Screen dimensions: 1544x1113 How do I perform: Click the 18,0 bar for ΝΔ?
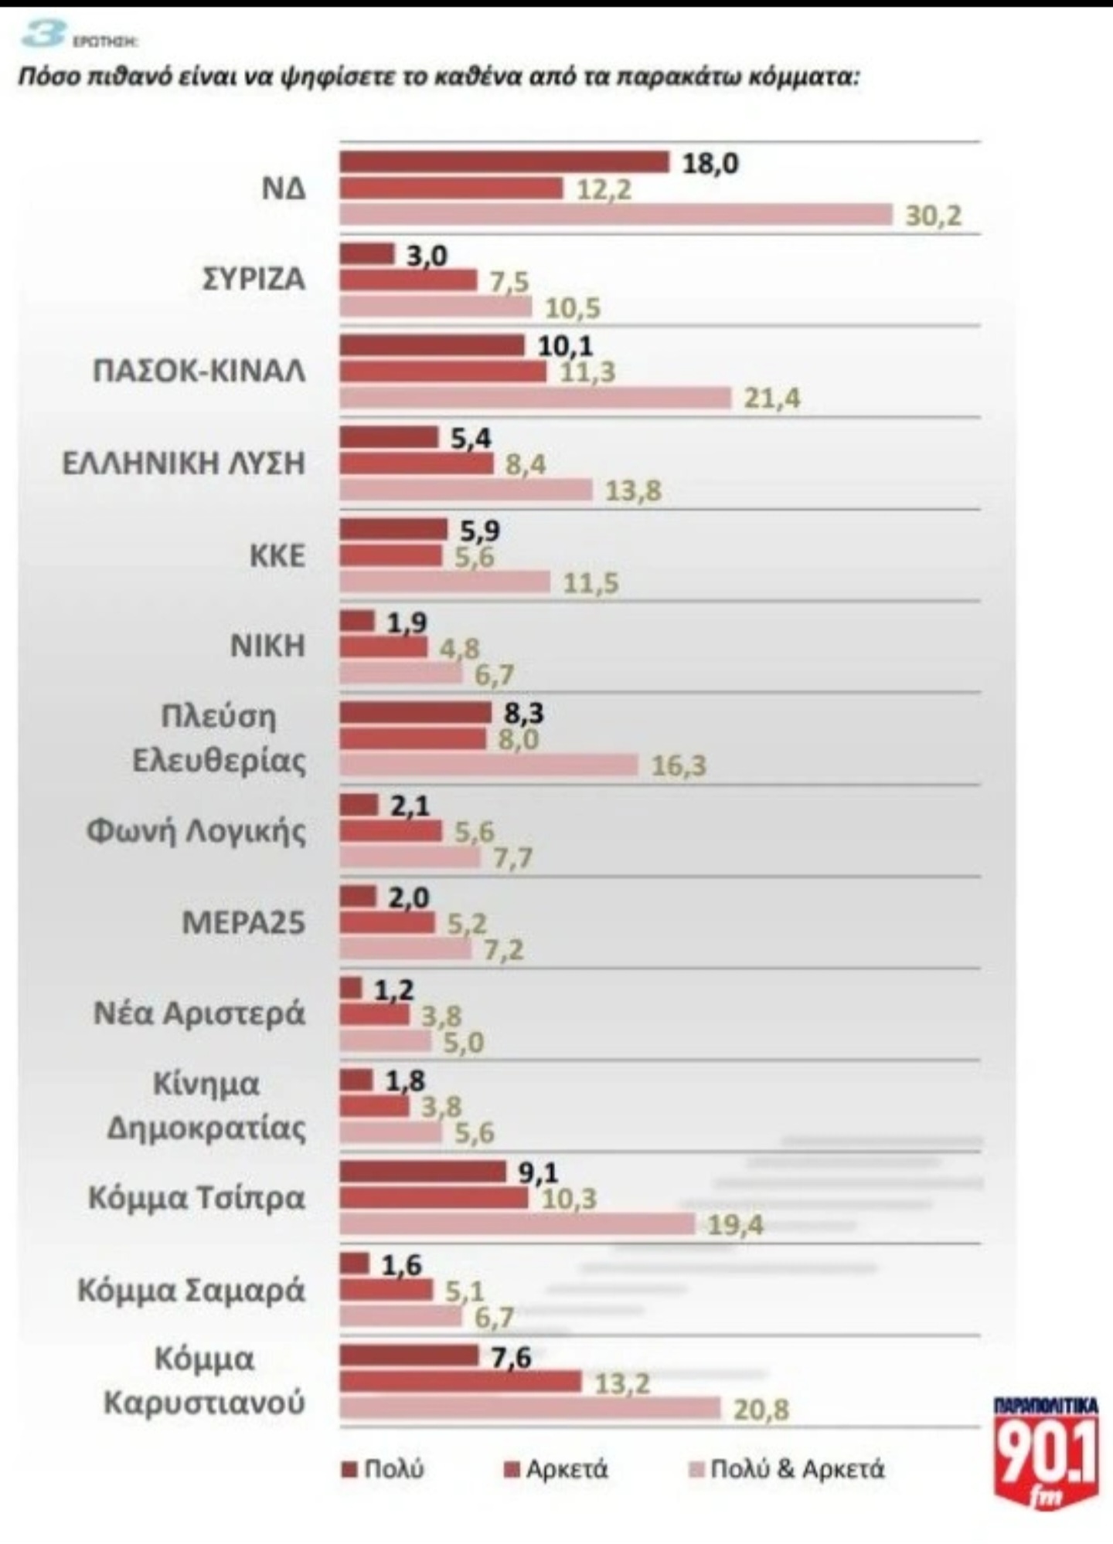tap(504, 162)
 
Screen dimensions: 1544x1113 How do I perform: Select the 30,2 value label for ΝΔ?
tap(934, 215)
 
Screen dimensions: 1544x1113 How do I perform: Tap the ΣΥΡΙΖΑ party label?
tap(254, 279)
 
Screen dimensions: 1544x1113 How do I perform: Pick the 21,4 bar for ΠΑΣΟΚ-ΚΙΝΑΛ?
tap(535, 398)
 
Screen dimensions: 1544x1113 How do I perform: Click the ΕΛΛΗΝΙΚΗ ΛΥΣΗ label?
tap(184, 463)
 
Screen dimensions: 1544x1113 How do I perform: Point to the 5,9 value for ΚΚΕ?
tap(480, 531)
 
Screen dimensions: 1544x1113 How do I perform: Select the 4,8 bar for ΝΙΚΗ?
tap(383, 647)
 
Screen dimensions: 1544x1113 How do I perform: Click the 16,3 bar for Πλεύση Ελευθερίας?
tap(488, 765)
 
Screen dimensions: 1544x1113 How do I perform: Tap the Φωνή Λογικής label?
tap(196, 831)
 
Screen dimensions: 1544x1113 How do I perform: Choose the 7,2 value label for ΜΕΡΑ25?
tap(504, 949)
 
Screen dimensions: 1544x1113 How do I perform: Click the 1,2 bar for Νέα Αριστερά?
tap(351, 988)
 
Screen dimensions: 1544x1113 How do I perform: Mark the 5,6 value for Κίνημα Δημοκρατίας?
tap(474, 1132)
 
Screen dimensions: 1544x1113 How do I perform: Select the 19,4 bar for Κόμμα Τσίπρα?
tap(517, 1224)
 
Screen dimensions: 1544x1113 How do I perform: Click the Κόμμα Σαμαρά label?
tap(192, 1291)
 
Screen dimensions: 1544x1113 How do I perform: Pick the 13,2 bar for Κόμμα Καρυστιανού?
tap(460, 1382)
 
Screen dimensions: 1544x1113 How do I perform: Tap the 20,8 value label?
tap(761, 1410)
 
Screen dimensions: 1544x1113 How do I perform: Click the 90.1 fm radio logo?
tap(1046, 1450)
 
